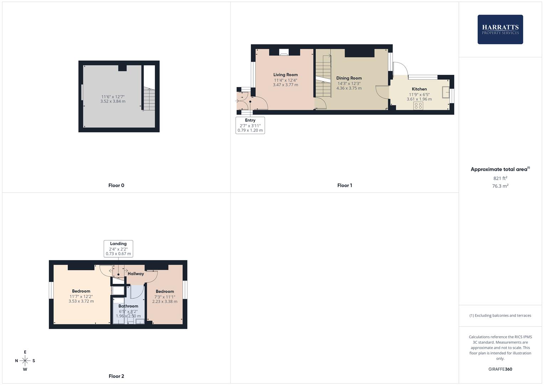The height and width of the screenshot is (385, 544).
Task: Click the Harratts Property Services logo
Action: (500, 29)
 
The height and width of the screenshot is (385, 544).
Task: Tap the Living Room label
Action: (285, 75)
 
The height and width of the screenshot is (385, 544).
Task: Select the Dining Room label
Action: (349, 78)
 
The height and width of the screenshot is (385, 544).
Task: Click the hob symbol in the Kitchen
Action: (418, 106)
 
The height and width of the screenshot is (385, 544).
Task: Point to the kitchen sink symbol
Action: (446, 92)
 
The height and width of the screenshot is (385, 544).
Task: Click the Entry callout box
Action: (250, 125)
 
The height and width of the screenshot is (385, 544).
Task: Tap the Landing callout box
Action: (118, 249)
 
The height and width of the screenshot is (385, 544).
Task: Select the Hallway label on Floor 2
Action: (136, 274)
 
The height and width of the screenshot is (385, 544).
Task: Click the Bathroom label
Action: (128, 306)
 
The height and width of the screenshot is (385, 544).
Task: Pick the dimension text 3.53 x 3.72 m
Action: (81, 301)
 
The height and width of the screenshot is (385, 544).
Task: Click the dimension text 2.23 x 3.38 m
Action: (165, 301)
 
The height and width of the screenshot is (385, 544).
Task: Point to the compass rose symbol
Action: (25, 361)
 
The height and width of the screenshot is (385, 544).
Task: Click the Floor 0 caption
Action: (116, 185)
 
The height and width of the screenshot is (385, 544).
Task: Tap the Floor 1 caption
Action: (344, 185)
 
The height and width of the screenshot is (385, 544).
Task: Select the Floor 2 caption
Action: (116, 376)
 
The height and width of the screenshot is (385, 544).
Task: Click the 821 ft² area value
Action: (500, 178)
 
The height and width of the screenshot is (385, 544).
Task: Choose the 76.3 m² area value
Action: (500, 186)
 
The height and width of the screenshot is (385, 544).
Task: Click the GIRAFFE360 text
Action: (500, 369)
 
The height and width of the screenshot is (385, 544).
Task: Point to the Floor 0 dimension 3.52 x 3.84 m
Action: (113, 101)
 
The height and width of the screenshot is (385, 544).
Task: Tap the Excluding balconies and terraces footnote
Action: (500, 315)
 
